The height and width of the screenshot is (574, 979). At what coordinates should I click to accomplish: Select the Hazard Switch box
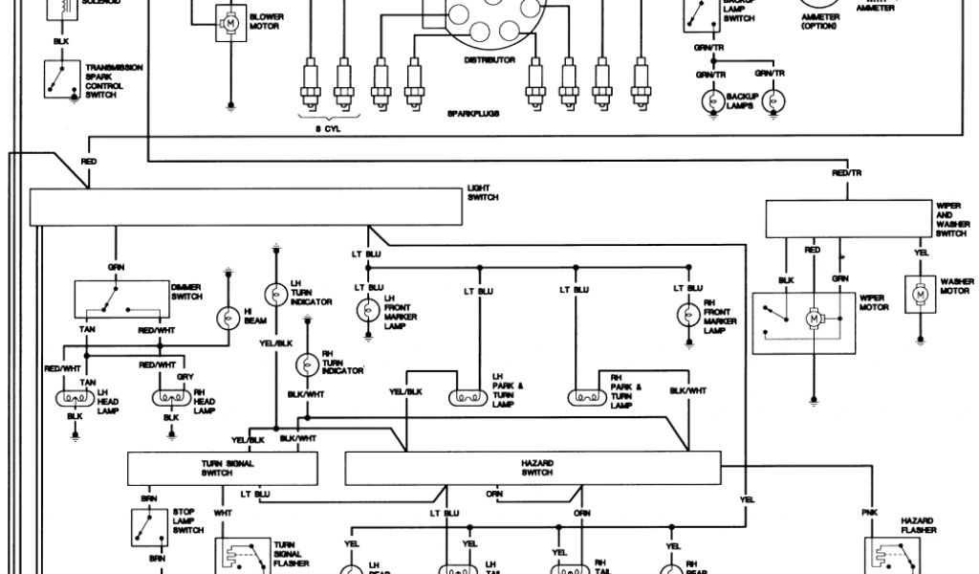(x=533, y=469)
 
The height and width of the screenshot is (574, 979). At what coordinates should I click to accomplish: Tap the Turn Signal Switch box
(x=222, y=469)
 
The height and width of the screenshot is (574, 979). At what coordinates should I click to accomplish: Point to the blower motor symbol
(x=230, y=20)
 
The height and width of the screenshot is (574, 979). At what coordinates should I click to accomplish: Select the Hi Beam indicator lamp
(x=229, y=318)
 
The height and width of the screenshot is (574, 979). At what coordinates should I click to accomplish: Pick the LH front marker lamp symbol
(x=369, y=312)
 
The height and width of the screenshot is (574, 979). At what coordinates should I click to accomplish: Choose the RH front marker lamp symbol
(x=687, y=312)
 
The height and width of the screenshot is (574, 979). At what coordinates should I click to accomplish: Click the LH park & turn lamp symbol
(x=468, y=396)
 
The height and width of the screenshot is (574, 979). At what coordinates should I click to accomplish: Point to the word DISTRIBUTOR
(x=489, y=60)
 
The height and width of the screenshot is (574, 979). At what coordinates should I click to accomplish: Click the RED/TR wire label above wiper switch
(x=846, y=173)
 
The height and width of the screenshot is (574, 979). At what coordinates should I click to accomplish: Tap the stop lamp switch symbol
(x=149, y=525)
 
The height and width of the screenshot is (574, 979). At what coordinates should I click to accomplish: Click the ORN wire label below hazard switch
(x=494, y=494)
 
